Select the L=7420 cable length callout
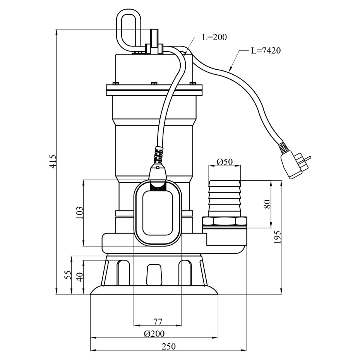[x=265, y=51]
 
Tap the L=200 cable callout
[x=214, y=38]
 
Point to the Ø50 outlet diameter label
[x=225, y=162]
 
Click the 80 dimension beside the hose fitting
[x=267, y=204]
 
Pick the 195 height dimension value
[x=277, y=237]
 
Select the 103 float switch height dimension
[x=79, y=213]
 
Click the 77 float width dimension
[x=158, y=321]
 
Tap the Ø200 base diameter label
[x=154, y=334]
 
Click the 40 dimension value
[x=80, y=277]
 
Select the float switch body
[x=158, y=214]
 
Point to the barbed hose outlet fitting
[x=225, y=197]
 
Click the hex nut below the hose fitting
[x=225, y=222]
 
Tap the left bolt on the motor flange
[x=115, y=83]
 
